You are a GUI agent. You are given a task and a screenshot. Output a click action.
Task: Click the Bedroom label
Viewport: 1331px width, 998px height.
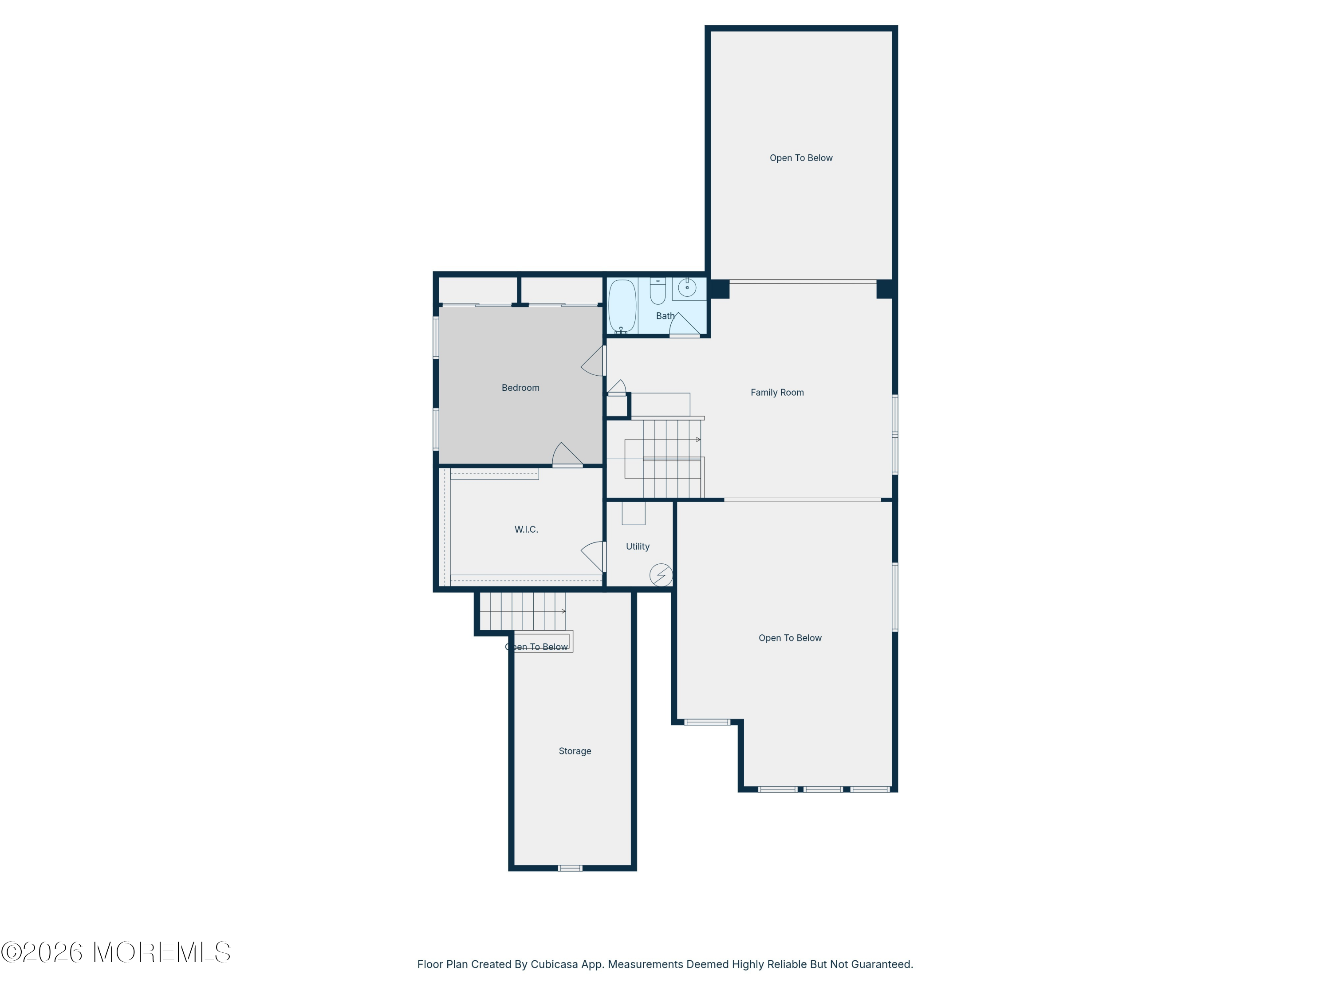coord(520,388)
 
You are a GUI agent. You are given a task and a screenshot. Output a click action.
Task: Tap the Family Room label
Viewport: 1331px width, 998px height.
coord(777,392)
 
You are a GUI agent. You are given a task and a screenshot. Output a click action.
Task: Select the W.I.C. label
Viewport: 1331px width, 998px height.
coord(526,529)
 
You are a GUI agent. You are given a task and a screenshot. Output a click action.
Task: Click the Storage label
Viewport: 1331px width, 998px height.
coord(575,751)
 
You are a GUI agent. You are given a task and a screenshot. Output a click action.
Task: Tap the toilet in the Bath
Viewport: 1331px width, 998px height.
coord(658,291)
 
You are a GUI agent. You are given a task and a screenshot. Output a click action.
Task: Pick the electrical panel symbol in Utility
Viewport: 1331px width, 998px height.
coord(661,575)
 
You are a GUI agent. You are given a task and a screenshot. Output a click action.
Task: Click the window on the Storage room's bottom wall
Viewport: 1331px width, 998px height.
coord(570,868)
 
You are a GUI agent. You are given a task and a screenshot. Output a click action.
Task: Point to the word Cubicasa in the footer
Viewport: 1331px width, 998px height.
coord(555,964)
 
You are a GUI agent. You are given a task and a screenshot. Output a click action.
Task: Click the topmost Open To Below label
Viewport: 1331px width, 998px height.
coord(801,157)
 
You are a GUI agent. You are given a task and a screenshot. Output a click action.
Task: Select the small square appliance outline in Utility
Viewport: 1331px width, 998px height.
coord(634,513)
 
